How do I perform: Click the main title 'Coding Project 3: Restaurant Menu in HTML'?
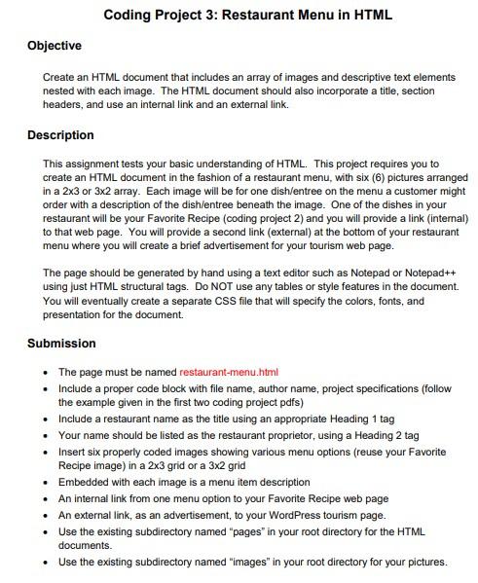click(x=239, y=16)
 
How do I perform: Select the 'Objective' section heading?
click(x=55, y=46)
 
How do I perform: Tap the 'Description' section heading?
click(x=60, y=135)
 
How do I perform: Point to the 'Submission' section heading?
click(x=61, y=344)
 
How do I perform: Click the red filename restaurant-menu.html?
click(x=229, y=372)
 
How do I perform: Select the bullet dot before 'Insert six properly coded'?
click(x=47, y=453)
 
